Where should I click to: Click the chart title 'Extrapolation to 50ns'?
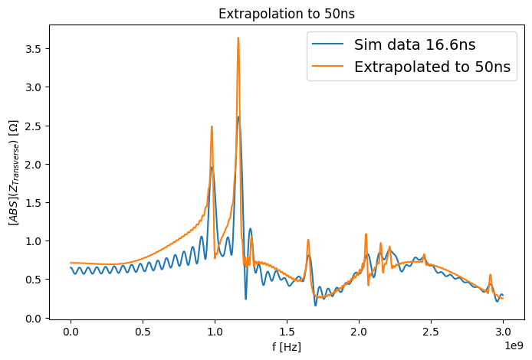click(287, 14)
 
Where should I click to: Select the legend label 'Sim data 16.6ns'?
click(415, 44)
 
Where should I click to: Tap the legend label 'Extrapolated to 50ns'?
click(432, 67)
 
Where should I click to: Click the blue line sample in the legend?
click(328, 44)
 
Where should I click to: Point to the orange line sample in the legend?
click(328, 66)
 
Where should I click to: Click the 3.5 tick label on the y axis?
click(33, 49)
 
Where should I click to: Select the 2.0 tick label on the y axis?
click(33, 165)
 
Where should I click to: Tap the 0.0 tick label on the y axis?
click(33, 319)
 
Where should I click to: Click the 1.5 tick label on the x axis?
click(287, 332)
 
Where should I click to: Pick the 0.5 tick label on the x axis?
click(143, 332)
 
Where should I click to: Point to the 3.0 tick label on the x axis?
click(503, 332)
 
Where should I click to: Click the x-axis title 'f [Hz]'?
click(287, 347)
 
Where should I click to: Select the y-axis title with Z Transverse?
click(14, 172)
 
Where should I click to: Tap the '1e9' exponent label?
click(514, 345)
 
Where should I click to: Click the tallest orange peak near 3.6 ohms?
click(238, 38)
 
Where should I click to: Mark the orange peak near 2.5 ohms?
click(212, 126)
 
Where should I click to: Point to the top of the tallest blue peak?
click(238, 116)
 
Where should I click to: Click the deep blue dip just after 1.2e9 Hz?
click(245, 299)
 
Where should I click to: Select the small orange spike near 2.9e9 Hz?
click(490, 274)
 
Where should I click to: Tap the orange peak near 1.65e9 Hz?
click(308, 240)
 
